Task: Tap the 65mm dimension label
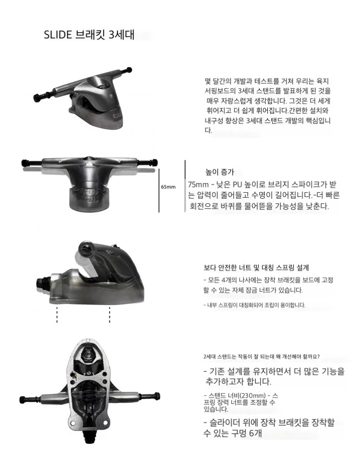(168, 187)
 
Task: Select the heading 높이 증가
(220, 172)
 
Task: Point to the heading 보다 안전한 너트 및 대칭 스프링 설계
(256, 268)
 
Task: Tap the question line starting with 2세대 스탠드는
(262, 356)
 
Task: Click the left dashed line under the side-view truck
(57, 315)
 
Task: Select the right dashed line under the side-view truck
(109, 315)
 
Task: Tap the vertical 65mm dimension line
(159, 190)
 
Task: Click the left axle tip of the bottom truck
(22, 400)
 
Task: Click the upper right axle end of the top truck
(129, 70)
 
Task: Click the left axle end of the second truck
(24, 163)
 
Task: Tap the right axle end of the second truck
(155, 162)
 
